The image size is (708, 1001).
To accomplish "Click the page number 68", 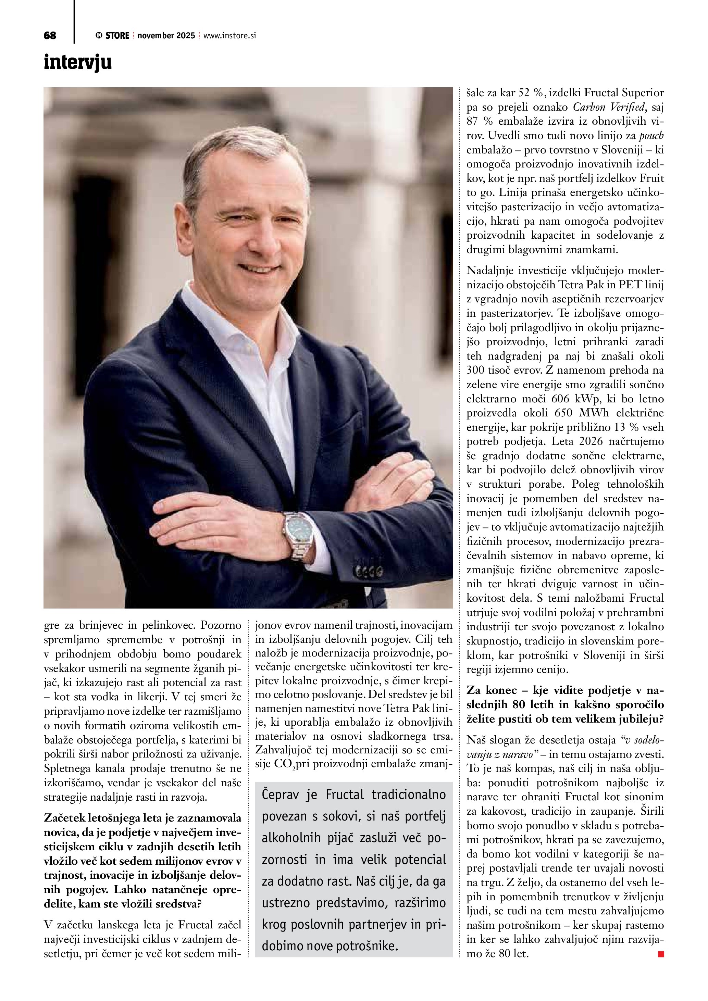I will click(50, 36).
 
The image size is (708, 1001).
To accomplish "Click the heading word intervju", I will click(78, 62).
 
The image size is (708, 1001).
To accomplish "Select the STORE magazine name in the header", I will click(117, 36).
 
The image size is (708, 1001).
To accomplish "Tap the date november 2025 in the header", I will click(166, 36).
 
